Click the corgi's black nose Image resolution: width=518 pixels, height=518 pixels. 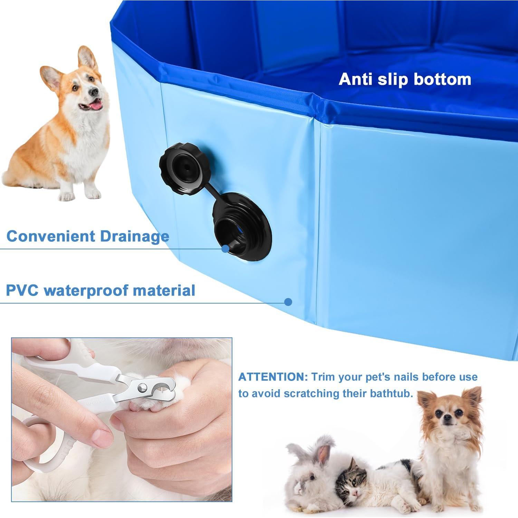click(x=93, y=92)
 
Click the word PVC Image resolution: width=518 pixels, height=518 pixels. click(x=22, y=290)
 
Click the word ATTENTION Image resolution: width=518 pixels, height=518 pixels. click(x=272, y=377)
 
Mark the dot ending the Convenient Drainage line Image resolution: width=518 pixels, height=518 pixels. click(x=225, y=248)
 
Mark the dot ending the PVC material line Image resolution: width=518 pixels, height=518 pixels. click(x=288, y=302)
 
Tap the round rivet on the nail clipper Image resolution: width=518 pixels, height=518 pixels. click(x=141, y=388)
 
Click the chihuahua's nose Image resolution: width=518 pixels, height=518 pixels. click(x=448, y=418)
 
